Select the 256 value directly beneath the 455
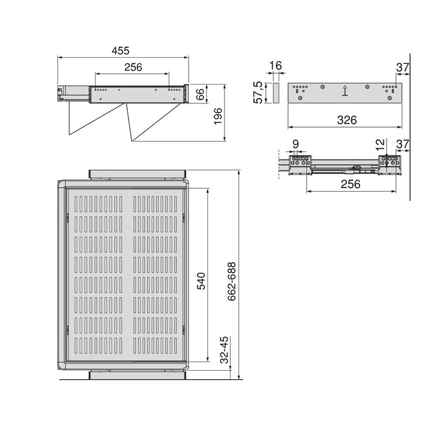[x=133, y=68]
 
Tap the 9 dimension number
[x=296, y=145]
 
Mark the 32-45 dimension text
[x=223, y=352]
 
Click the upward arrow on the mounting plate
[x=345, y=91]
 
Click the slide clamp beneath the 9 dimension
[x=299, y=165]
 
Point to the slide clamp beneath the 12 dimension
[x=388, y=164]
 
